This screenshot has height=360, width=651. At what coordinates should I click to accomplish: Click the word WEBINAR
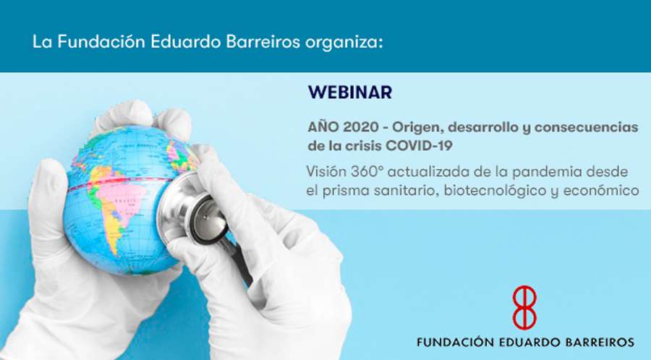point(349,93)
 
